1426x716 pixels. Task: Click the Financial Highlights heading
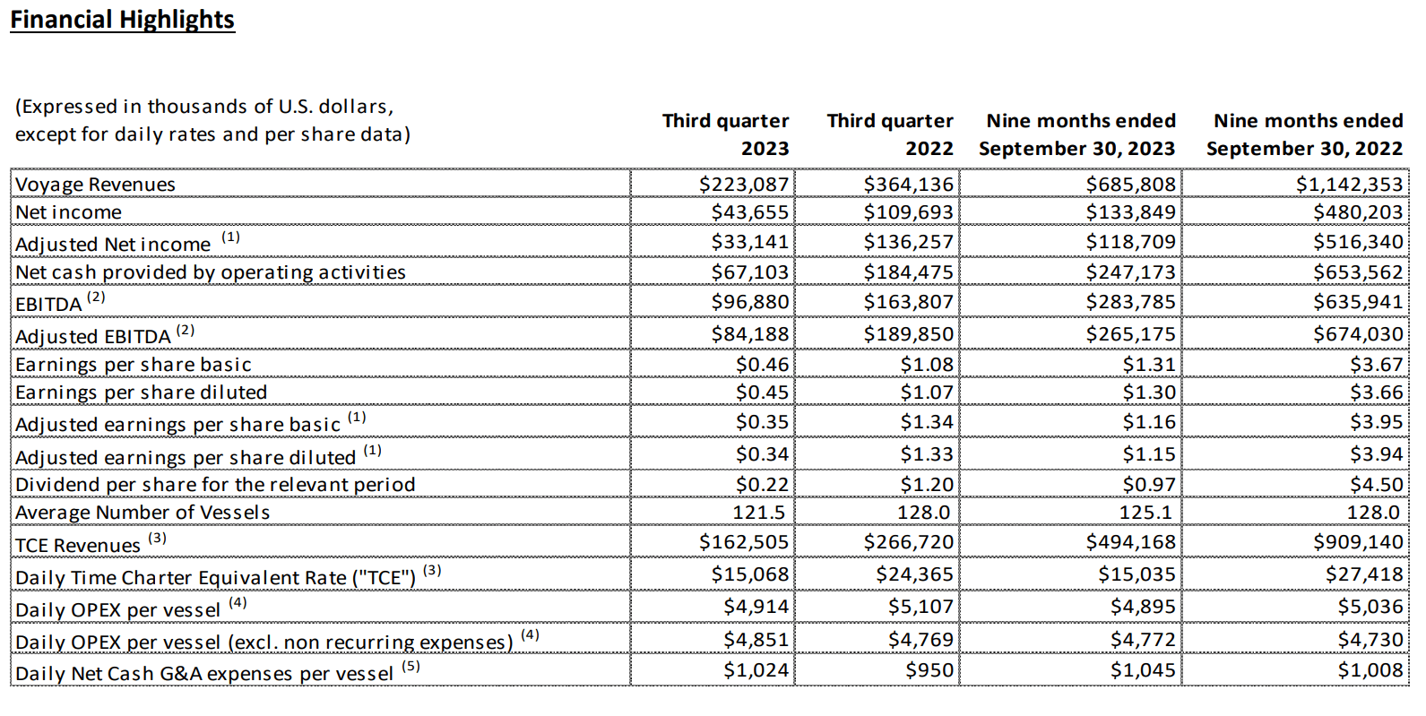pyautogui.click(x=122, y=20)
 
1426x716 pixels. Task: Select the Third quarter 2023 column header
pyautogui.click(x=725, y=134)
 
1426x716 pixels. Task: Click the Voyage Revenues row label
pyautogui.click(x=95, y=185)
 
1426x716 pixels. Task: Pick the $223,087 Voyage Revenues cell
pyautogui.click(x=744, y=185)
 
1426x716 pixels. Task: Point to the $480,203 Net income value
pyautogui.click(x=1358, y=212)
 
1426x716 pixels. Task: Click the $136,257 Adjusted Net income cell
pyautogui.click(x=908, y=242)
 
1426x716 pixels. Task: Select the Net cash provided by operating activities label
pyautogui.click(x=211, y=272)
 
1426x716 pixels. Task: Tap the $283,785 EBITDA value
pyautogui.click(x=1130, y=302)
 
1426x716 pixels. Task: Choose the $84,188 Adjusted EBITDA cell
pyautogui.click(x=750, y=334)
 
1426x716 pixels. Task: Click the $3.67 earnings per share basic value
pyautogui.click(x=1376, y=365)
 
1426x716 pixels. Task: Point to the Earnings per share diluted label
pyautogui.click(x=141, y=393)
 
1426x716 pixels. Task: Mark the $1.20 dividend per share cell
pyautogui.click(x=927, y=485)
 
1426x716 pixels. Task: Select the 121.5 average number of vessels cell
pyautogui.click(x=759, y=513)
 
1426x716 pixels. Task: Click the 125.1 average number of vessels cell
pyautogui.click(x=1148, y=513)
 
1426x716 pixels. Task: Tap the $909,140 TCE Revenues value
pyautogui.click(x=1358, y=542)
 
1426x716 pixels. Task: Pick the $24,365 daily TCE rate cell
pyautogui.click(x=914, y=574)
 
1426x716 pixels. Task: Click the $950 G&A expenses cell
pyautogui.click(x=929, y=670)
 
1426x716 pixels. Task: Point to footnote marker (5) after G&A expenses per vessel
pyautogui.click(x=411, y=667)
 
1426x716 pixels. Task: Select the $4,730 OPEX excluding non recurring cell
pyautogui.click(x=1370, y=640)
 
